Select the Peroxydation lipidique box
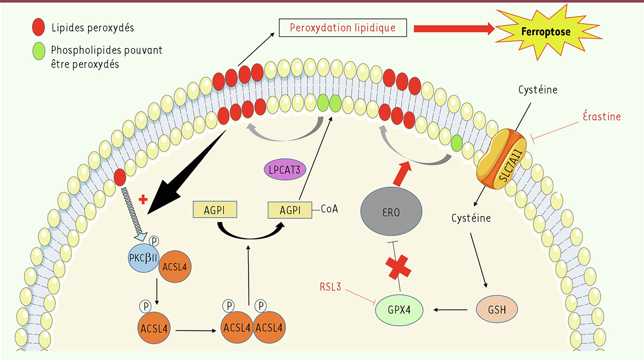click(342, 27)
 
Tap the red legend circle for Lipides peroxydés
click(39, 26)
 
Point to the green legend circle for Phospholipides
click(39, 52)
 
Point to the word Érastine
click(602, 116)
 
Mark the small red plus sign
click(143, 200)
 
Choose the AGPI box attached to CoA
click(290, 210)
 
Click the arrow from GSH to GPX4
click(453, 310)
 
